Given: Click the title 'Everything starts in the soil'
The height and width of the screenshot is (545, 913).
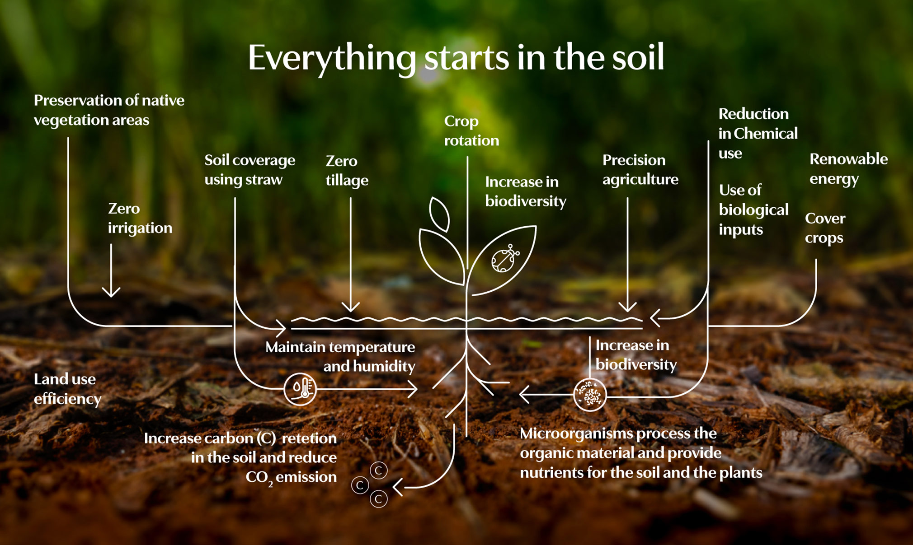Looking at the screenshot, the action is pyautogui.click(x=456, y=58).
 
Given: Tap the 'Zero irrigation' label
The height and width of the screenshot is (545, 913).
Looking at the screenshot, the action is pyautogui.click(x=140, y=219).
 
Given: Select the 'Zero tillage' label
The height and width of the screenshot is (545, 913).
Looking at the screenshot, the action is pyautogui.click(x=347, y=171).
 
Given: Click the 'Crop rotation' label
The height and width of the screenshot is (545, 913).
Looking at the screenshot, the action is pyautogui.click(x=471, y=131).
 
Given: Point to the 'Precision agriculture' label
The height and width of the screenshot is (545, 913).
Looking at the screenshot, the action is pyautogui.click(x=640, y=170).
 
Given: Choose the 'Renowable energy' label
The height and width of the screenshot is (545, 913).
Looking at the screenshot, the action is pyautogui.click(x=848, y=169).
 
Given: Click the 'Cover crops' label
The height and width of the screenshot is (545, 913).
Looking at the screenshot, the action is pyautogui.click(x=825, y=228).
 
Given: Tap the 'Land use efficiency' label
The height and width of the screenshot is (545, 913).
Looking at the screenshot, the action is pyautogui.click(x=68, y=389).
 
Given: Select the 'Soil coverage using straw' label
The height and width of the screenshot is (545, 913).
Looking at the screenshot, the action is pyautogui.click(x=249, y=170).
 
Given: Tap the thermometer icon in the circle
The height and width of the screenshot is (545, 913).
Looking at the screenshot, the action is pyautogui.click(x=300, y=389).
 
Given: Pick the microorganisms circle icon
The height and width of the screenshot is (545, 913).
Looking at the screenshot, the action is pyautogui.click(x=590, y=395).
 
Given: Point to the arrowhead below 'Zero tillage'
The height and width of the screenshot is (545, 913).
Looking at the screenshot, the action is pyautogui.click(x=350, y=307).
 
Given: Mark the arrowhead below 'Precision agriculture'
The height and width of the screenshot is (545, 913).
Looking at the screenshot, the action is pyautogui.click(x=627, y=307).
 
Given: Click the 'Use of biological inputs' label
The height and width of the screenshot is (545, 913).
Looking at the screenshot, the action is pyautogui.click(x=753, y=210).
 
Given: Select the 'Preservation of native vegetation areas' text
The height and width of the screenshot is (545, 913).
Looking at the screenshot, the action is pyautogui.click(x=109, y=110).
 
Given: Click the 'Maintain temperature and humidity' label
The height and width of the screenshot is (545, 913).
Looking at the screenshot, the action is pyautogui.click(x=340, y=356).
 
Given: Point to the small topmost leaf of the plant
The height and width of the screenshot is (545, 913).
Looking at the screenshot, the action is pyautogui.click(x=439, y=214).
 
